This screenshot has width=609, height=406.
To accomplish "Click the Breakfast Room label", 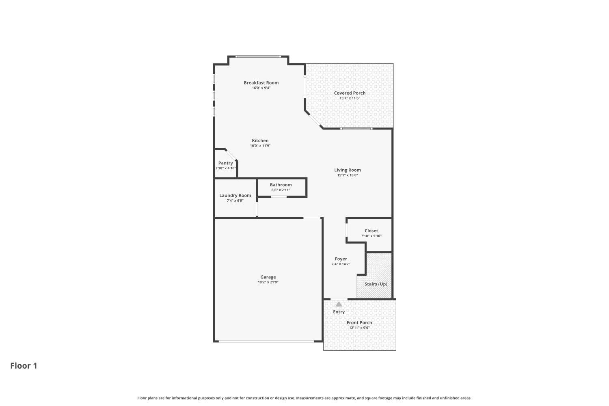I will click(x=261, y=83).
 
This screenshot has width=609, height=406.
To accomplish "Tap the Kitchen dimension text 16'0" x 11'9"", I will click(x=260, y=146).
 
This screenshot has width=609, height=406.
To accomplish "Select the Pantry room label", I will click(x=226, y=163).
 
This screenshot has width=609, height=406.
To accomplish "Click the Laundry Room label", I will click(x=235, y=195).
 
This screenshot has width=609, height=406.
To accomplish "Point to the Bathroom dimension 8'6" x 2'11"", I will click(x=281, y=190).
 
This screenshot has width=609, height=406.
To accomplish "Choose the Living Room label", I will click(x=348, y=170).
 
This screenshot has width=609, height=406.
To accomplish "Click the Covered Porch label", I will click(x=350, y=93).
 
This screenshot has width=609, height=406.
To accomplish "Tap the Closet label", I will click(x=371, y=231).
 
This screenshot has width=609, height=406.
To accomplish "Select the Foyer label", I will click(x=341, y=259).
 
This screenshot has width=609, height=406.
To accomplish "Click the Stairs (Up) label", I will click(x=376, y=284).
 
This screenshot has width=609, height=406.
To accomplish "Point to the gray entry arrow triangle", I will click(x=339, y=304).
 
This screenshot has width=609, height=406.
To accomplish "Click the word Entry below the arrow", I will click(x=339, y=312).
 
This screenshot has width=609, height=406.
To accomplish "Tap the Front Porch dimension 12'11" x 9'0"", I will click(x=359, y=328).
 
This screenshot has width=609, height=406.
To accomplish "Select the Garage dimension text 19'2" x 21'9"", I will click(x=268, y=282).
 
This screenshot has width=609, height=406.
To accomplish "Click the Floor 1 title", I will click(x=24, y=366).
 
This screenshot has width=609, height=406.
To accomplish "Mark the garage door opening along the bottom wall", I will click(x=266, y=341).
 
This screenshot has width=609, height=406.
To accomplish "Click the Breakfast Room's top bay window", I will click(x=259, y=56).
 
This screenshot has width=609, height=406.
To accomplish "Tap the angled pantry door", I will click(x=231, y=155).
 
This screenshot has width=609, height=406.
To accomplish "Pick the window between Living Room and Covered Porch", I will click(x=356, y=129).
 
